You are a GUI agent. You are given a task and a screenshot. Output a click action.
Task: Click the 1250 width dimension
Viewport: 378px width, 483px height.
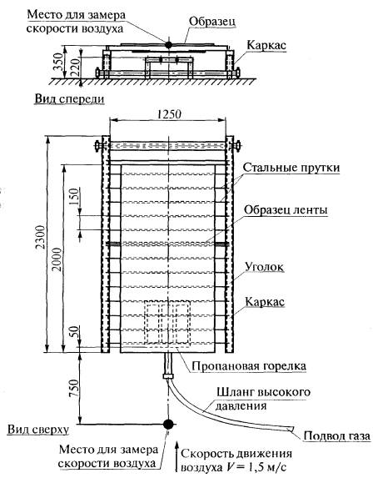[169, 114]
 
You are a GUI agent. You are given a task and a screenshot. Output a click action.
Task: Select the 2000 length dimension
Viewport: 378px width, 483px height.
[57, 259]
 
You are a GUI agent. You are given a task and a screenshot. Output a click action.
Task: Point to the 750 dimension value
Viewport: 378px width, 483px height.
[74, 388]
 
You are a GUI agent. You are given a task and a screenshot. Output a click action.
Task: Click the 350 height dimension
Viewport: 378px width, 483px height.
[57, 62]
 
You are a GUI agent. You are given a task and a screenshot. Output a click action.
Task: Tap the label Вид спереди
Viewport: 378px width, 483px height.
[69, 99]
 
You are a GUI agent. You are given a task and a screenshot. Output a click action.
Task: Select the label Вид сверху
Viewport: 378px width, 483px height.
[38, 430]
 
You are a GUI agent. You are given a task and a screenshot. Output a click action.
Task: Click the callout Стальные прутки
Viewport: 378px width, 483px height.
[291, 168]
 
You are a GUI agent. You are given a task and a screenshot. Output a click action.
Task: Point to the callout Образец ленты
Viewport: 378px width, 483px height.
[286, 210]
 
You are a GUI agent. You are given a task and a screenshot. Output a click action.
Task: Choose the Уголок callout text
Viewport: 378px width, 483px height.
[264, 267]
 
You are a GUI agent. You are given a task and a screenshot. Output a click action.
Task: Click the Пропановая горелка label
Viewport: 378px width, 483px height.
[249, 366]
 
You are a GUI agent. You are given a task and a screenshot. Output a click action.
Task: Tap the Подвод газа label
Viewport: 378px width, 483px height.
[336, 436]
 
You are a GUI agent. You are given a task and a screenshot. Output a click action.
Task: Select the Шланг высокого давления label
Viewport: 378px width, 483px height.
[263, 399]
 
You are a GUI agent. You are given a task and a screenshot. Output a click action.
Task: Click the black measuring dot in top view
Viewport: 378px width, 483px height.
[168, 424]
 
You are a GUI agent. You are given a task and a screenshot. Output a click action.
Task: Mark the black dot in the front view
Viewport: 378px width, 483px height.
[168, 45]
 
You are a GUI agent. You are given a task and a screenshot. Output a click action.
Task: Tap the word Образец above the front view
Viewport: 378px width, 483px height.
[212, 22]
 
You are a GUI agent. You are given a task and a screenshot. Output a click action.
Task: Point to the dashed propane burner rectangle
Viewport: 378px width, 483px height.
[167, 324]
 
